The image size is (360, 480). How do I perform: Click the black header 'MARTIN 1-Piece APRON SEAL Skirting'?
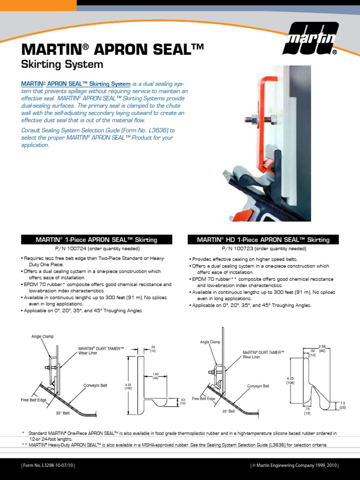pos(97,240)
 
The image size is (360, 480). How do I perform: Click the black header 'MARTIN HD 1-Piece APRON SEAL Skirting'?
pos(263,240)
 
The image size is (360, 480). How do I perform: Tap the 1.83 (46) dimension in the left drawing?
pos(156,376)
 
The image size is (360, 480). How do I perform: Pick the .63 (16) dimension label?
pos(183,401)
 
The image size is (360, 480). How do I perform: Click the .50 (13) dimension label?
pos(153,349)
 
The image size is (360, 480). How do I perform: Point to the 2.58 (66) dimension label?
pos(322,348)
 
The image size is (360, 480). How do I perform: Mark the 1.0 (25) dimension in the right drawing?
pos(342,405)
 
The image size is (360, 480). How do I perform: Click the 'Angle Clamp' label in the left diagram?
pos(43,337)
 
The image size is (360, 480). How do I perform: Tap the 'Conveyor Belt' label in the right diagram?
pos(258,386)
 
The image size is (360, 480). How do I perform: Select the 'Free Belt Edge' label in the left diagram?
pos(33,400)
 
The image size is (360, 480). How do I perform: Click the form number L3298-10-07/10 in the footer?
pos(48,465)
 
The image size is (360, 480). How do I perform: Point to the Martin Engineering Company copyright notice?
pos(294,465)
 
